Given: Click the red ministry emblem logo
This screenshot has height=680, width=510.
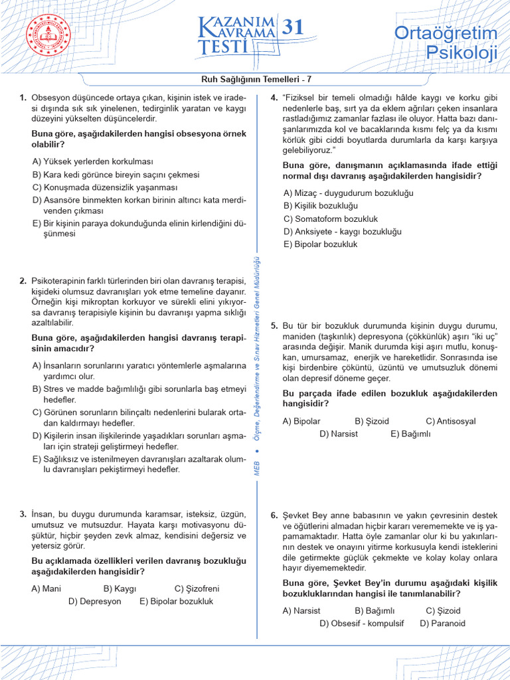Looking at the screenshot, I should click(x=48, y=35).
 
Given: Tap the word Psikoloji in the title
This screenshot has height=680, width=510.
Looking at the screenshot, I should click(x=462, y=52).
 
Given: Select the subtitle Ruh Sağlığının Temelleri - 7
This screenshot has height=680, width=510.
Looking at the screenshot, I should click(x=255, y=80).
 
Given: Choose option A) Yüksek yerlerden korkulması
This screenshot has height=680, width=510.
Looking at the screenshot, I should click(x=92, y=161).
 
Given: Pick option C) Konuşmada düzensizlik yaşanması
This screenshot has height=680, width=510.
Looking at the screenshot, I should click(x=104, y=187).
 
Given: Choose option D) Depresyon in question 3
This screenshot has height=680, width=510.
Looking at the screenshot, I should click(x=95, y=601).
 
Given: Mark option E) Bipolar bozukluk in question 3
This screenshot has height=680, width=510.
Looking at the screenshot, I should click(x=176, y=601).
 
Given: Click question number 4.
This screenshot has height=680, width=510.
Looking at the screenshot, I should click(x=274, y=98).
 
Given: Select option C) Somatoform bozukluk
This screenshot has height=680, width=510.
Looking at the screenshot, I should click(x=330, y=218).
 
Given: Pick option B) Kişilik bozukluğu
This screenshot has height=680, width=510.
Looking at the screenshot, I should click(x=320, y=206).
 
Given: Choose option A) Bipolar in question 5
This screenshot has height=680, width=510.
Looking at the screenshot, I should click(x=301, y=421).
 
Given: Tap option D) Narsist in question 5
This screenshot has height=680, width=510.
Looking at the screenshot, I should click(x=338, y=434).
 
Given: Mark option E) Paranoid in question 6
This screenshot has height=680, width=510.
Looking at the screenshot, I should click(x=443, y=624).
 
